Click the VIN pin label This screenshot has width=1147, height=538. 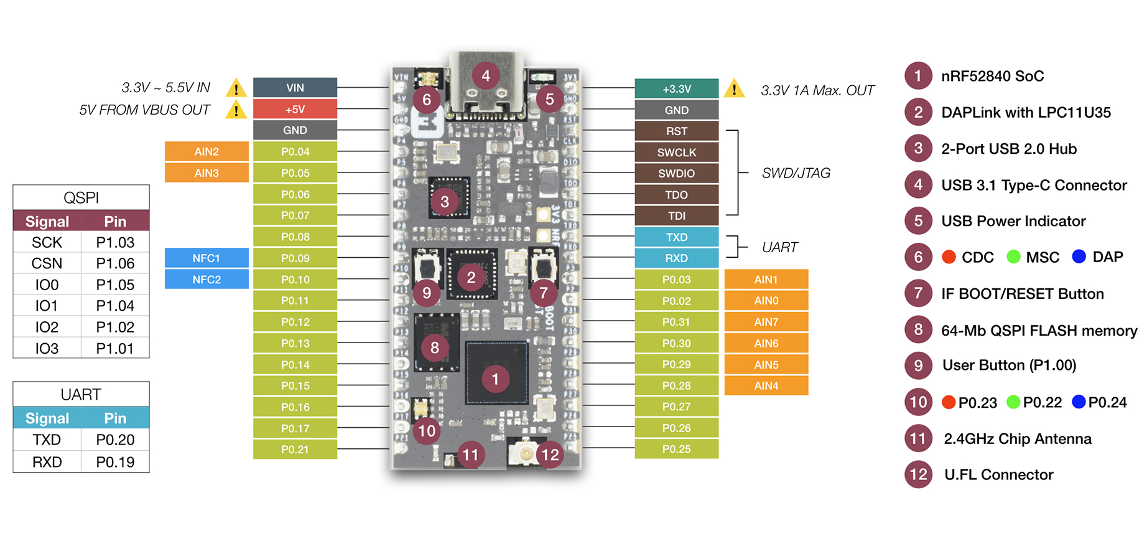(x=295, y=88)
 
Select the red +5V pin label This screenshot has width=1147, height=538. (x=295, y=109)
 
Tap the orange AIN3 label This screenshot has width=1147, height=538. (x=207, y=172)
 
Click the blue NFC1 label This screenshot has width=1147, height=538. (x=207, y=258)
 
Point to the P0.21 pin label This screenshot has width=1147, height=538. (x=295, y=449)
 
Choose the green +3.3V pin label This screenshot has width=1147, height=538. (x=677, y=89)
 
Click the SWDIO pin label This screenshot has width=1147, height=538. (x=677, y=173)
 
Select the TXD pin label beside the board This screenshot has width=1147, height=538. (x=677, y=237)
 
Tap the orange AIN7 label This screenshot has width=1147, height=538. (x=766, y=322)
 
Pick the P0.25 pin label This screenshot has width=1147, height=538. (x=677, y=449)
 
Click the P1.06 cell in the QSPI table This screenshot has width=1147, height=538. (x=115, y=263)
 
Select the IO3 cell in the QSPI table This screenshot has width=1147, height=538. (x=47, y=348)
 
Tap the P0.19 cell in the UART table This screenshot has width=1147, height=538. (x=115, y=462)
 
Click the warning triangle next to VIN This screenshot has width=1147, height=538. (x=236, y=88)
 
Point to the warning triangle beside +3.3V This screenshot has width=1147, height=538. (x=734, y=88)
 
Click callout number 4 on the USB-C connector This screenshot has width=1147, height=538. (x=486, y=76)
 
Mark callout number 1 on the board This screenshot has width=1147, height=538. (x=495, y=379)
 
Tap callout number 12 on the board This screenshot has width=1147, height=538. (x=550, y=455)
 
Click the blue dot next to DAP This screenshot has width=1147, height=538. (x=1079, y=257)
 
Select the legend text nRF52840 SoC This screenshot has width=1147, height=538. (x=993, y=76)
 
